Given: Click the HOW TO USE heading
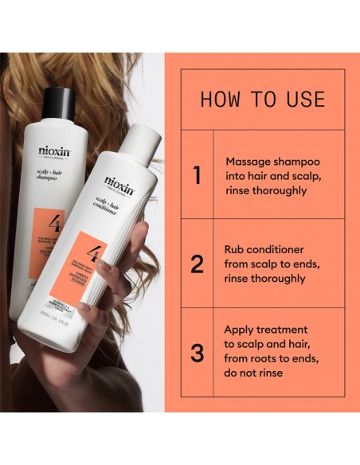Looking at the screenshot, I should coord(262,100).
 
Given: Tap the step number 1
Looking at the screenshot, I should coord(197,175).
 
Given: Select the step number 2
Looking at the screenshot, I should coord(197,264).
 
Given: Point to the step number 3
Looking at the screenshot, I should coord(197,353).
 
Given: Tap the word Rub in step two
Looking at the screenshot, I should coord(234,249).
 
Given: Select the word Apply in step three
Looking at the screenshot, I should coord(240,330).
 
